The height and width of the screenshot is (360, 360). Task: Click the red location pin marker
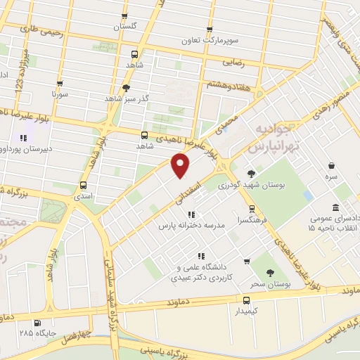click(181, 166)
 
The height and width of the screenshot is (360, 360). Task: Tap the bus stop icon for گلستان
click(124, 18)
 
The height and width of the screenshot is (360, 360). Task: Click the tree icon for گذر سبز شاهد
click(126, 88)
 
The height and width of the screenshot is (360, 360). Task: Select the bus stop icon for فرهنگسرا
click(252, 209)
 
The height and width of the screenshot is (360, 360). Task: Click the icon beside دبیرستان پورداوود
click(23, 138)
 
